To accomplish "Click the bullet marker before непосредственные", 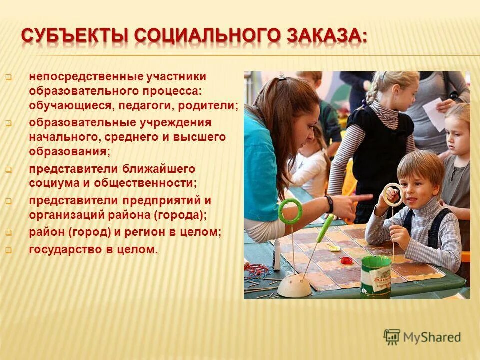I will pos(8,77).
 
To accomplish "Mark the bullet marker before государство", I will pos(8,250).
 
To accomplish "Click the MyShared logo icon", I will pos(392,337).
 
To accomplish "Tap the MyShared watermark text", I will pos(433,337).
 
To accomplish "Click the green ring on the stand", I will pos(290,210).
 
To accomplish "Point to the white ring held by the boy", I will pos(393,194).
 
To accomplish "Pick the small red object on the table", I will pos(347,260).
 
